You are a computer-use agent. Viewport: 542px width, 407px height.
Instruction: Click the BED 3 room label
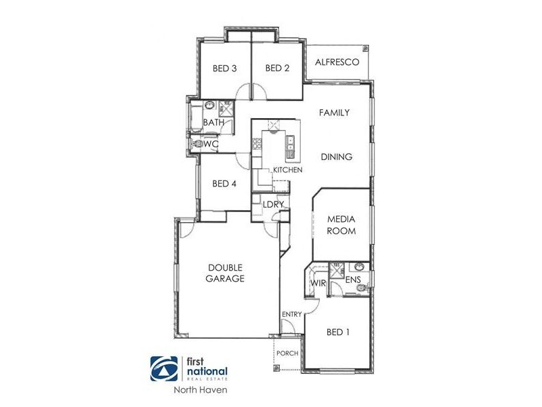224,68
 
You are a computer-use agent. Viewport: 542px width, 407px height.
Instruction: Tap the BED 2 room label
278,68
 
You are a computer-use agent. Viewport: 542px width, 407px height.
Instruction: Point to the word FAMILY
335,113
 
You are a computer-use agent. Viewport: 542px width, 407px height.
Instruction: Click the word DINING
337,157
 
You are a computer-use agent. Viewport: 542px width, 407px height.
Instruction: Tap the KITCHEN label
287,170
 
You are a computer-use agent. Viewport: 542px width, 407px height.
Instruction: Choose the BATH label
214,123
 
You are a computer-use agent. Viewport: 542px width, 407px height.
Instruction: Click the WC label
211,144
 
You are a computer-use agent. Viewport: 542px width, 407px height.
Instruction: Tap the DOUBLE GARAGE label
226,273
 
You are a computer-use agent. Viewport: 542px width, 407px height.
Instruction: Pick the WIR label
318,282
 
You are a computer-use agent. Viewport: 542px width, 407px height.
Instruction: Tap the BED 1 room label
339,332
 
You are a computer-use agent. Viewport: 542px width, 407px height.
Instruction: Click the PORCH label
287,353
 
